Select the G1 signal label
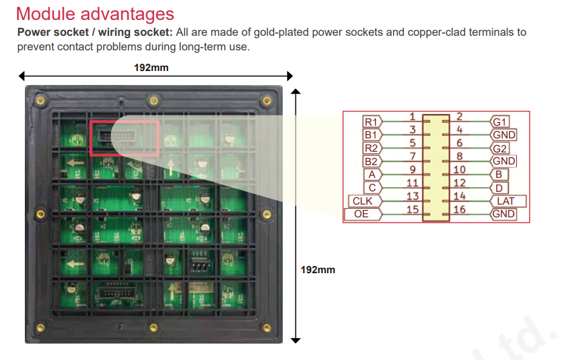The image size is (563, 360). tap(499, 122)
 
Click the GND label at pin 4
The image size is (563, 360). tap(504, 135)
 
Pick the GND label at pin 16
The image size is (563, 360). tap(504, 214)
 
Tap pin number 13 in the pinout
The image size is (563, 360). tap(413, 196)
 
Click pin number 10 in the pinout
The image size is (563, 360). tap(459, 169)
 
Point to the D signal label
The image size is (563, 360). tap(499, 188)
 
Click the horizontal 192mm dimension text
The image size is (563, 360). tap(151, 67)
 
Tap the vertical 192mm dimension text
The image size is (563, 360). tap(318, 270)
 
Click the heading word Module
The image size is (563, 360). tap(46, 14)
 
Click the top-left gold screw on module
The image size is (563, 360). tap(40, 100)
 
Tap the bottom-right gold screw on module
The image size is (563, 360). tap(266, 327)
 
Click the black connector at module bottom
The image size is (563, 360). tap(116, 292)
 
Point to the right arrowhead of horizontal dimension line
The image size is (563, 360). tap(290, 76)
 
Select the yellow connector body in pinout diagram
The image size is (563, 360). tap(436, 168)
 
